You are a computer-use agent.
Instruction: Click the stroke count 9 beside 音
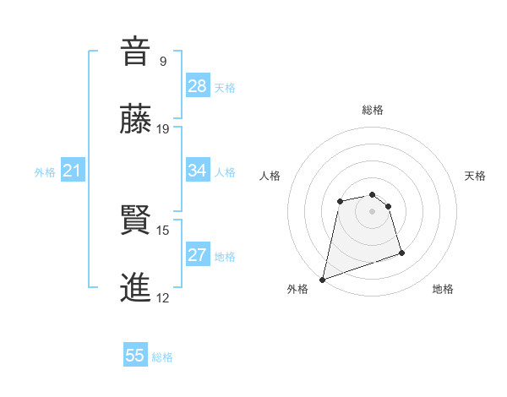click(163, 61)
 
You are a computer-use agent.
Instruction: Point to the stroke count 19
click(163, 129)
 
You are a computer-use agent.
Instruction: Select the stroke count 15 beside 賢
click(163, 230)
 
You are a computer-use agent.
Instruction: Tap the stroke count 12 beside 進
click(163, 298)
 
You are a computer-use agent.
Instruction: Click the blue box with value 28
click(198, 86)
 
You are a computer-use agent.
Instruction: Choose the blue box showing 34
click(198, 171)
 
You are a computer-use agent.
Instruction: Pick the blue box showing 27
click(198, 255)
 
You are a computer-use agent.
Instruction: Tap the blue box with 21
click(73, 171)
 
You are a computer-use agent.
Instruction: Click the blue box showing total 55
click(135, 356)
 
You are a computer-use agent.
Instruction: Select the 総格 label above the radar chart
click(373, 110)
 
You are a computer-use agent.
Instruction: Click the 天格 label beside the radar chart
click(476, 176)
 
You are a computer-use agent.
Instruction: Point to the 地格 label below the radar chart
click(443, 289)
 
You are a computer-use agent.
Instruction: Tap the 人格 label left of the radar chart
click(270, 176)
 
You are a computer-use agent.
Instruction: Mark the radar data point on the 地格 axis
click(401, 253)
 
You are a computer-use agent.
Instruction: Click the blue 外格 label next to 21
click(45, 172)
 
